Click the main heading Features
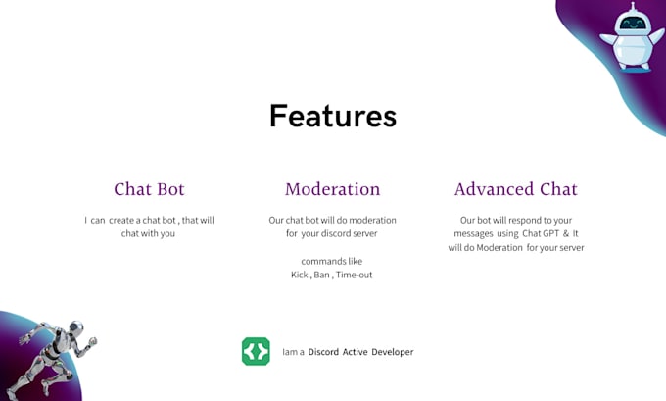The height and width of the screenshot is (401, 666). click(333, 116)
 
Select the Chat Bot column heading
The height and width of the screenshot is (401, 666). click(149, 189)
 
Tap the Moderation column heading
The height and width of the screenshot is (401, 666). click(332, 189)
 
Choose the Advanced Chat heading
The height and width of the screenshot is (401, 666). click(516, 189)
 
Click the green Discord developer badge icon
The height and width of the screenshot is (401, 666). click(256, 351)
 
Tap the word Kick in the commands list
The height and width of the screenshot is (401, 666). click(300, 276)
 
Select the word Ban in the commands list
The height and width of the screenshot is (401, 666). click(321, 276)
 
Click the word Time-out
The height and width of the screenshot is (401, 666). click(354, 276)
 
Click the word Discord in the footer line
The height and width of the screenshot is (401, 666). click(323, 352)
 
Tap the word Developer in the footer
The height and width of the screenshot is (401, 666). click(392, 352)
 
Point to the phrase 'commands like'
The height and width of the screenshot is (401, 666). click(332, 262)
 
